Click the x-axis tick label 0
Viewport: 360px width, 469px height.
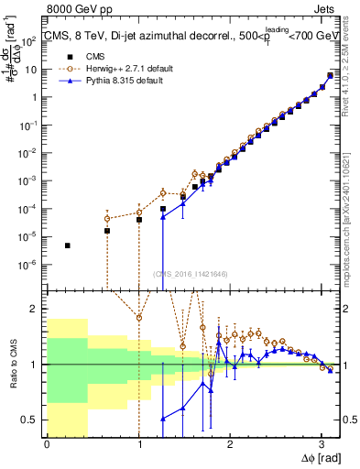tap(47, 445)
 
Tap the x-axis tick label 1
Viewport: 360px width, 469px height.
tap(138, 445)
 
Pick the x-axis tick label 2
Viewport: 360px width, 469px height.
tap(230, 445)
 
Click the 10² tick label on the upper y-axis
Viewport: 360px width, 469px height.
tap(32, 41)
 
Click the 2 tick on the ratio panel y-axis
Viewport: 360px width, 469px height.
tap(38, 309)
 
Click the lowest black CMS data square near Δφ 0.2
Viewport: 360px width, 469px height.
tap(68, 245)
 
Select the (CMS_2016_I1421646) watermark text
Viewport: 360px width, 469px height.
tap(190, 273)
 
